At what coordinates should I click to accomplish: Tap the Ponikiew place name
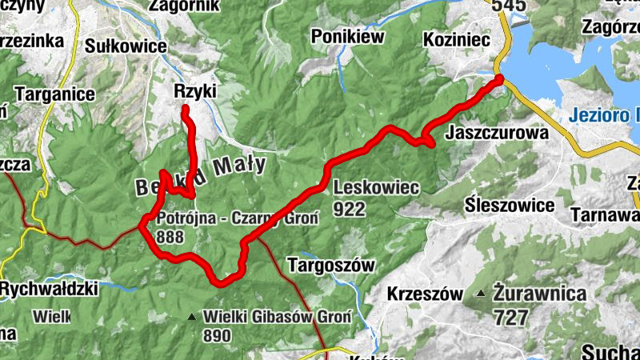348,36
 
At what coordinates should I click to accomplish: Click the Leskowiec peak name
375,188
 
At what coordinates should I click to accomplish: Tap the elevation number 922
350,210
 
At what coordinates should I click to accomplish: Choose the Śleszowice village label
510,206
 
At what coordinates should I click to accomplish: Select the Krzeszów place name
424,294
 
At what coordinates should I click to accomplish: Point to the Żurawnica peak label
539,294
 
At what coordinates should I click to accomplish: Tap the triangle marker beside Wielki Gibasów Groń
192,318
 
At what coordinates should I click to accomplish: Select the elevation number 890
222,337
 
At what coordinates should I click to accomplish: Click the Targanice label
54,94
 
